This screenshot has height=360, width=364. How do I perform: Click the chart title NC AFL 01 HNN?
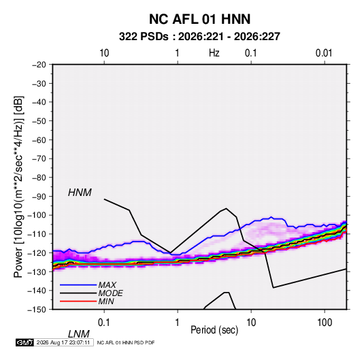click(199, 19)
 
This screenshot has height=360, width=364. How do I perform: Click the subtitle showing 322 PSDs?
click(199, 37)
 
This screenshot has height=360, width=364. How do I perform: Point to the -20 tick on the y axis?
click(39, 65)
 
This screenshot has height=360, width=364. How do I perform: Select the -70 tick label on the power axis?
click(39, 159)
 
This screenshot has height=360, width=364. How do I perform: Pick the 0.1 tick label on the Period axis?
click(103, 323)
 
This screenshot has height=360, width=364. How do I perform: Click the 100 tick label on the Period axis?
click(325, 323)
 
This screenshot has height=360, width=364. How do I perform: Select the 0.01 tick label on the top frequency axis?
click(324, 53)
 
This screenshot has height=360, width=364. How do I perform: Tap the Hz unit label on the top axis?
click(214, 53)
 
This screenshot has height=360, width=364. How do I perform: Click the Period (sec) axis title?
click(214, 330)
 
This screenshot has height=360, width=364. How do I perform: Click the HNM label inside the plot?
click(80, 193)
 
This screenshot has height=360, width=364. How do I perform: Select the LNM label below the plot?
click(79, 334)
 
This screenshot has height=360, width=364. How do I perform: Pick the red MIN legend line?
click(78, 301)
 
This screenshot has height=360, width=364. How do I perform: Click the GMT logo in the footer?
click(24, 342)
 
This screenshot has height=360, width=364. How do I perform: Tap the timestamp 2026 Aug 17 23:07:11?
click(63, 342)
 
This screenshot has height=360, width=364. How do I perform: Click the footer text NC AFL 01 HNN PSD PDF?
click(126, 343)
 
